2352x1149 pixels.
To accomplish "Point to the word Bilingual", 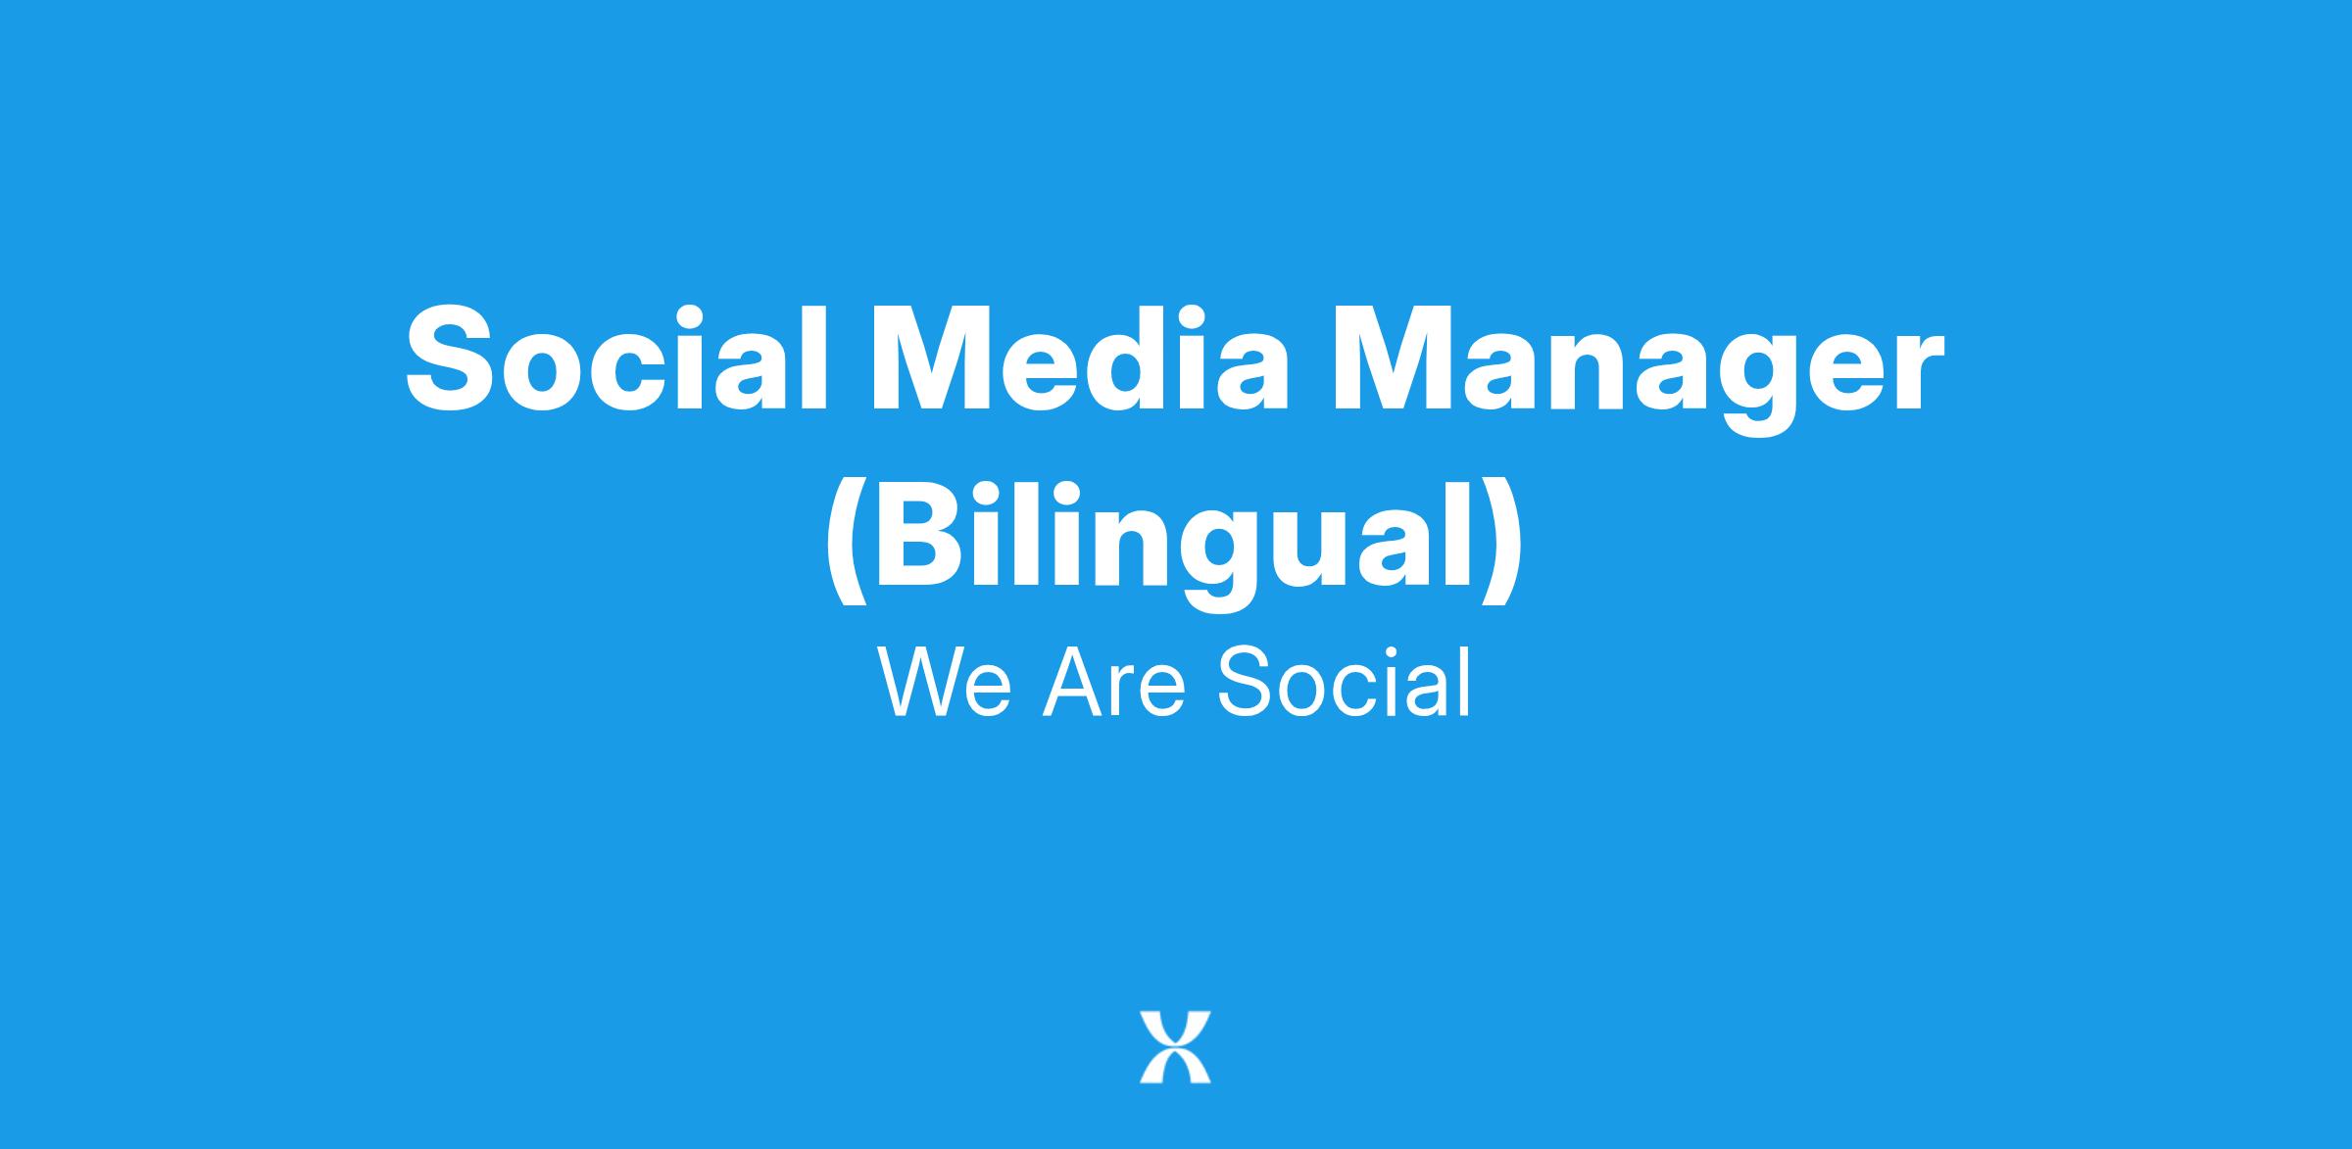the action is click(x=1175, y=545).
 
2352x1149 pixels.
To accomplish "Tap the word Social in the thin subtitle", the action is click(x=1344, y=682).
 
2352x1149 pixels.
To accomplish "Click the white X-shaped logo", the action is click(x=1175, y=1046).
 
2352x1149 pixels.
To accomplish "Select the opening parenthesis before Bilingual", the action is click(x=847, y=545).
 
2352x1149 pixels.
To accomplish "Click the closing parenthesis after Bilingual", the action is click(x=1503, y=545).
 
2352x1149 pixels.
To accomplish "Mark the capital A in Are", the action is click(x=1073, y=682).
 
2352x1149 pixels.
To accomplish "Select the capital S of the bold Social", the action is click(x=451, y=358).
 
